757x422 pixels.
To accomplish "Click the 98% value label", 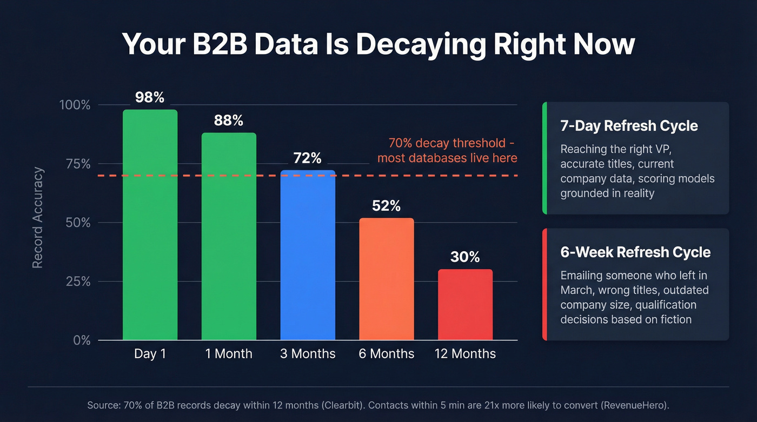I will click(x=150, y=97).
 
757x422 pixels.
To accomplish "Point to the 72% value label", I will click(x=308, y=158).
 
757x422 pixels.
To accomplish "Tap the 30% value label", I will click(x=465, y=257).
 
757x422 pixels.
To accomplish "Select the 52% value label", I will click(x=387, y=206).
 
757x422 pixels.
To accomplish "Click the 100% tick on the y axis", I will click(x=74, y=105).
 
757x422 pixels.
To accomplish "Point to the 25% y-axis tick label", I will click(x=77, y=282).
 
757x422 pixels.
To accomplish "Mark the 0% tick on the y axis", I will click(x=81, y=340).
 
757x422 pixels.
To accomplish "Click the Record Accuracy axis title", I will click(x=38, y=218).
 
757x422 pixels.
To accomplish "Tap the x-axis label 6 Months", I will click(x=387, y=354).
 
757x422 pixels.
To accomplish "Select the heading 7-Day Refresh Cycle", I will click(x=629, y=126).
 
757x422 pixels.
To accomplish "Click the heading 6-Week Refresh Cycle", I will click(x=635, y=252).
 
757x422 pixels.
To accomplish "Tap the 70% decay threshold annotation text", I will click(x=447, y=151).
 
